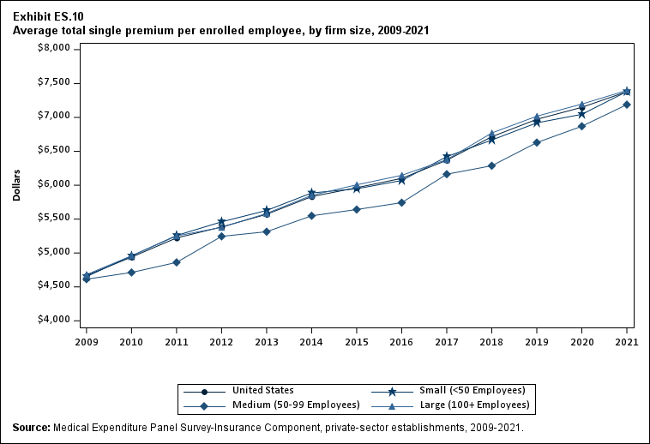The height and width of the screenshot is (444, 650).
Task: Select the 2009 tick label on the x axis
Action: (x=86, y=342)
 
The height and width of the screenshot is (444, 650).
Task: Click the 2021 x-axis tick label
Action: (x=628, y=342)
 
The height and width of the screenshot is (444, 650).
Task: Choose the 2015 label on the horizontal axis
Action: (x=357, y=342)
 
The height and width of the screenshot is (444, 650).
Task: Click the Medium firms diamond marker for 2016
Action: (x=402, y=202)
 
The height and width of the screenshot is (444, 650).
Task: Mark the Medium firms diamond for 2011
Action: (x=177, y=262)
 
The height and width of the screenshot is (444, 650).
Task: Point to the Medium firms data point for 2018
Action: (x=492, y=165)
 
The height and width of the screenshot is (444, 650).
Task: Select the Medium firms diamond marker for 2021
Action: (x=628, y=105)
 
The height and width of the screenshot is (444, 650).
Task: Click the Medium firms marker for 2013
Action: (x=267, y=231)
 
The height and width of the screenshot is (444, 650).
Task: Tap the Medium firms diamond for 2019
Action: (x=538, y=142)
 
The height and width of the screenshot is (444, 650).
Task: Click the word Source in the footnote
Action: (x=31, y=427)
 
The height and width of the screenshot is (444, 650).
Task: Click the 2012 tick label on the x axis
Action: (x=221, y=342)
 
